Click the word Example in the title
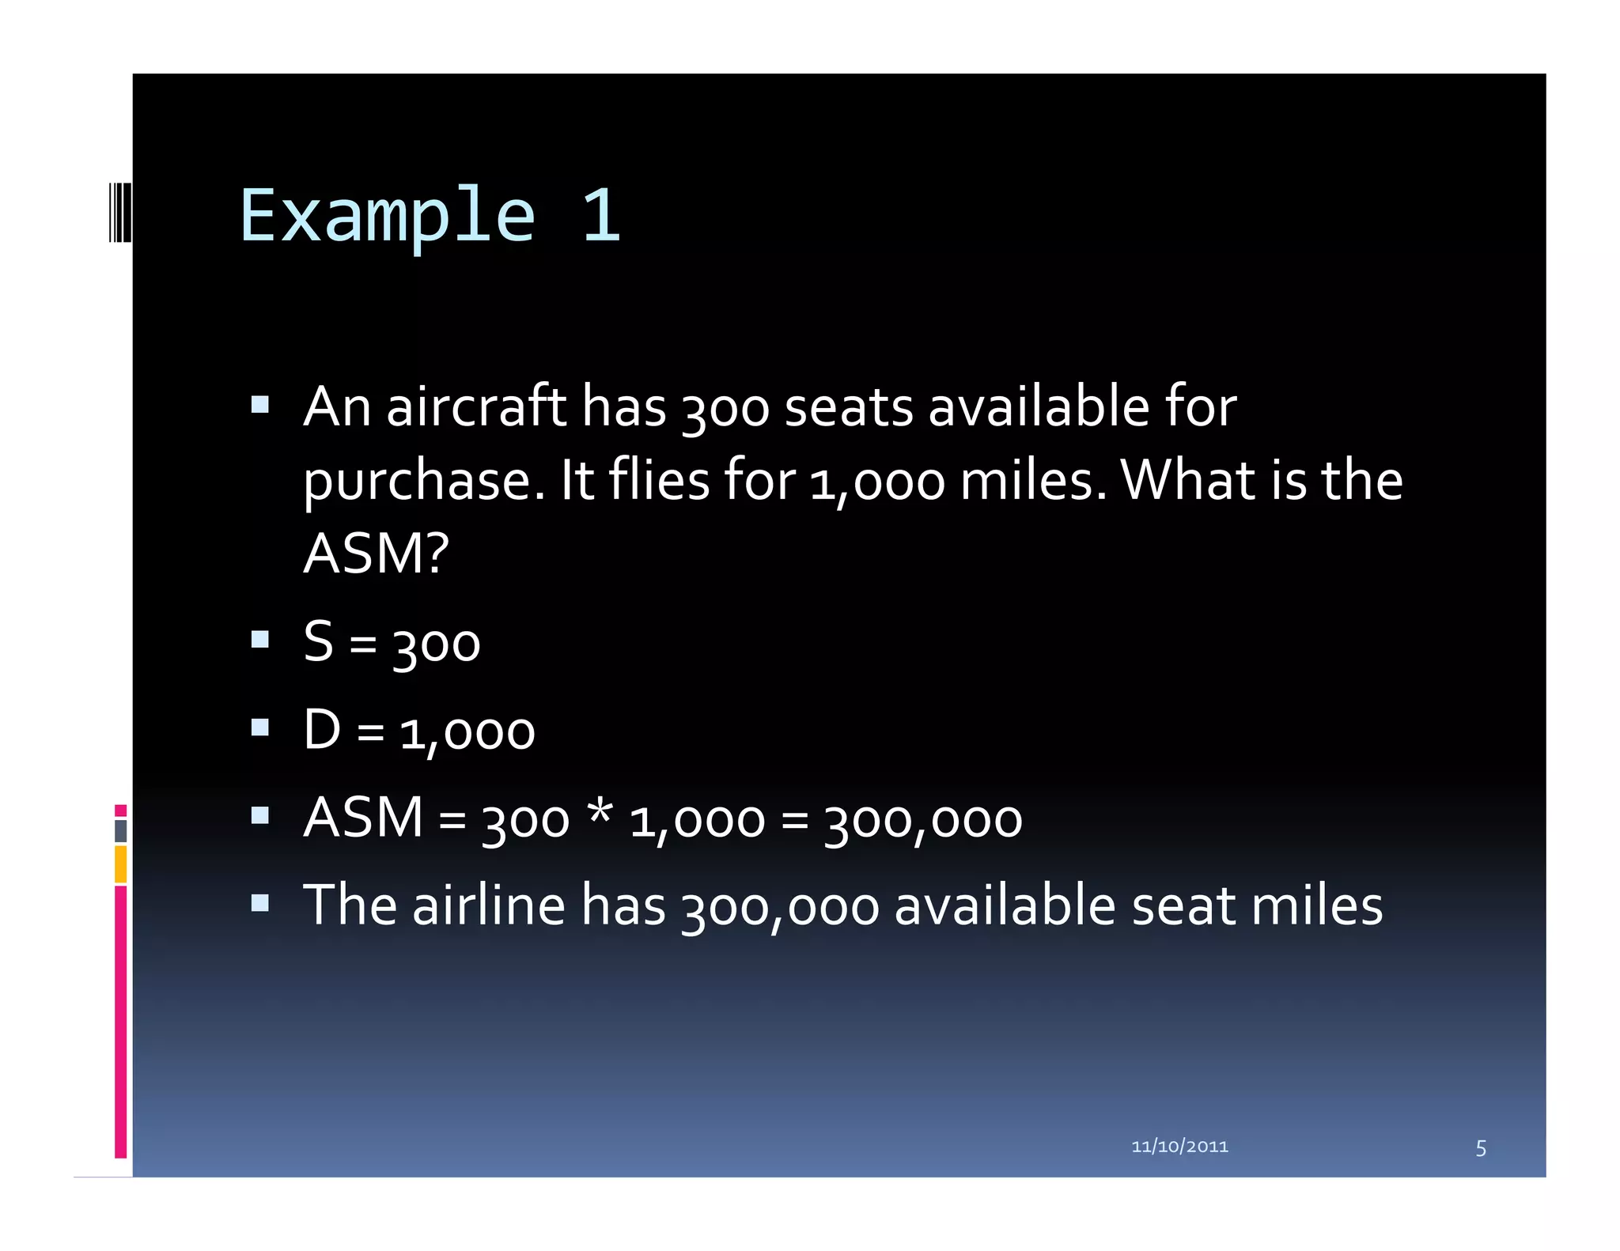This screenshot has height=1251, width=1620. (388, 216)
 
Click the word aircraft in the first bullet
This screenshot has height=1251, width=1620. (476, 407)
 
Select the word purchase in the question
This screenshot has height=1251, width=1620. (424, 482)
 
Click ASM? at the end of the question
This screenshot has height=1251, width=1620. (377, 553)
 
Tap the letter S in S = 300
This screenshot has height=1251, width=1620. (319, 641)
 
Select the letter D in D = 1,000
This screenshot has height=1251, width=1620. (323, 729)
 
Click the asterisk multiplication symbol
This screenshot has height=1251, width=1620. (600, 814)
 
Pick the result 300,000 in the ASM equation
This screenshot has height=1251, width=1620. (923, 820)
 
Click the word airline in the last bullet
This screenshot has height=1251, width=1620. (489, 905)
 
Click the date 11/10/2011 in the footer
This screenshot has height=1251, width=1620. (1179, 1147)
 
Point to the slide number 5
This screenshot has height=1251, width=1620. (1481, 1148)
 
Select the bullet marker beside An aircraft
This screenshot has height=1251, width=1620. (260, 406)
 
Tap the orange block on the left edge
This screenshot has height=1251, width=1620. (120, 864)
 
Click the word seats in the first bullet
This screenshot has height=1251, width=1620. (849, 407)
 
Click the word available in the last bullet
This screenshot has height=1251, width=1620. (1005, 905)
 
